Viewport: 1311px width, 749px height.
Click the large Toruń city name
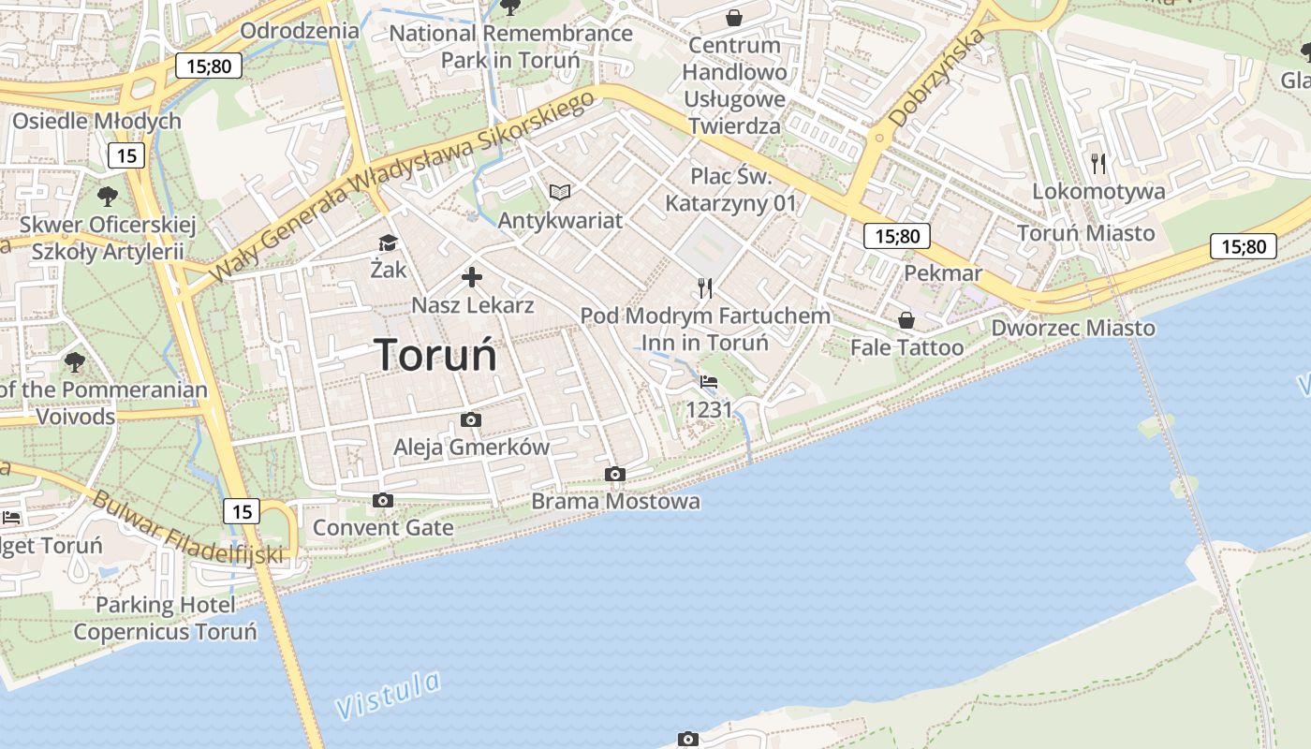[x=435, y=355]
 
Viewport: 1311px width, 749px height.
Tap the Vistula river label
[x=388, y=695]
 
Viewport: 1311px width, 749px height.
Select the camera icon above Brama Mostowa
[x=615, y=475]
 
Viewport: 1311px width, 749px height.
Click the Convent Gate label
[x=383, y=527]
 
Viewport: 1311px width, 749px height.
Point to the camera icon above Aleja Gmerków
[x=471, y=420]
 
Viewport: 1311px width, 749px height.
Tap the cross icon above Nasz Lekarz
[x=472, y=277]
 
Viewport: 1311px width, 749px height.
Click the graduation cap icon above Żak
[x=388, y=243]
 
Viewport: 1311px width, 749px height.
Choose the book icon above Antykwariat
[x=560, y=193]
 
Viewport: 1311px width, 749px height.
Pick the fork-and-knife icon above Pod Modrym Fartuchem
[x=705, y=287]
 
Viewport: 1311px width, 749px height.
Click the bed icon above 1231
[x=709, y=382]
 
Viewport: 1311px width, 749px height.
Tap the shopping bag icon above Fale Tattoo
[x=906, y=320]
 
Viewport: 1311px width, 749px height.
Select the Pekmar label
[x=943, y=273]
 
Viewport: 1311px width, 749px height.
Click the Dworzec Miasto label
[x=1073, y=328]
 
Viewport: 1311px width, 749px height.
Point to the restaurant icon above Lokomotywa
[x=1098, y=164]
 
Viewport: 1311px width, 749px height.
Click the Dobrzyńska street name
[x=936, y=78]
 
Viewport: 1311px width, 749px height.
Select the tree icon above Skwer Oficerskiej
[x=108, y=197]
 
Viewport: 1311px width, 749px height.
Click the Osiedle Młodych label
[x=96, y=121]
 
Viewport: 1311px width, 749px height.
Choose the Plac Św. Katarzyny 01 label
[x=730, y=189]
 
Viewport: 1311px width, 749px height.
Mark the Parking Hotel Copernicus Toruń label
[x=165, y=618]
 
